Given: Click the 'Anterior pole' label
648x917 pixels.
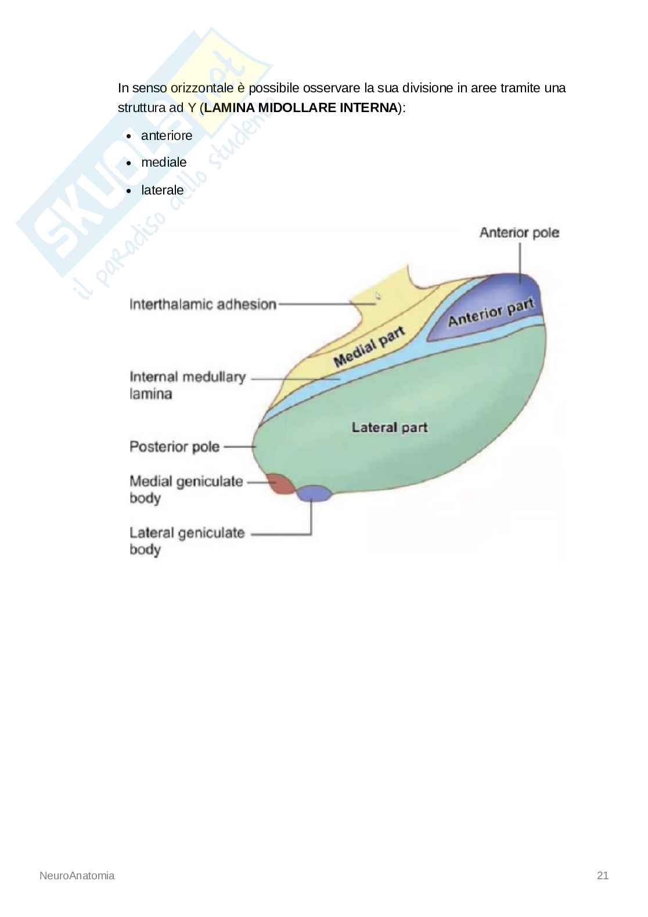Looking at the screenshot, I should click(519, 233).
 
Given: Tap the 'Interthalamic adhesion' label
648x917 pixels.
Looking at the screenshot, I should click(203, 304).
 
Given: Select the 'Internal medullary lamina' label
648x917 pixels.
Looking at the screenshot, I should click(187, 385).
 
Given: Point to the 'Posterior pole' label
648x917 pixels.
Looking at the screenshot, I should click(174, 447).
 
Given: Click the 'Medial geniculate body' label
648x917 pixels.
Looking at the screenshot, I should click(186, 489).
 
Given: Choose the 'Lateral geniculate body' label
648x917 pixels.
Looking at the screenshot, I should click(186, 541).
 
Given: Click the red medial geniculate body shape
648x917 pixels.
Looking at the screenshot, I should click(280, 484).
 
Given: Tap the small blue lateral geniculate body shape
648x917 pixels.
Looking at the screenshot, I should click(314, 493).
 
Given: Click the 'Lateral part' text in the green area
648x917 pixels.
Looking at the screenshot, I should click(390, 427).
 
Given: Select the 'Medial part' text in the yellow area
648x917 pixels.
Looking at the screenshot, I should click(369, 347).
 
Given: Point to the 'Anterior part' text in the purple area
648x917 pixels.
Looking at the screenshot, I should click(491, 312).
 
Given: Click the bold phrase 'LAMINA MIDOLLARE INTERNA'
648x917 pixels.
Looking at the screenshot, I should click(301, 107).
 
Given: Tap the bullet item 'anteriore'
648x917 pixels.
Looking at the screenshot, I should click(167, 135).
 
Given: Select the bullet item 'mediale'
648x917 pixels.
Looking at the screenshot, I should click(164, 163).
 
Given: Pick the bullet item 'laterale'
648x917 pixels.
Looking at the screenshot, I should click(162, 190).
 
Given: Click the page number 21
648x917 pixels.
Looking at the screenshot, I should click(602, 875).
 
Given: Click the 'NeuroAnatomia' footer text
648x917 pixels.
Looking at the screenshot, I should click(77, 875).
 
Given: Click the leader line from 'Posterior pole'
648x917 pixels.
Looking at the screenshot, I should click(239, 447).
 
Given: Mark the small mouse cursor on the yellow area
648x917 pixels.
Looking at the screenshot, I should click(377, 296).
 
